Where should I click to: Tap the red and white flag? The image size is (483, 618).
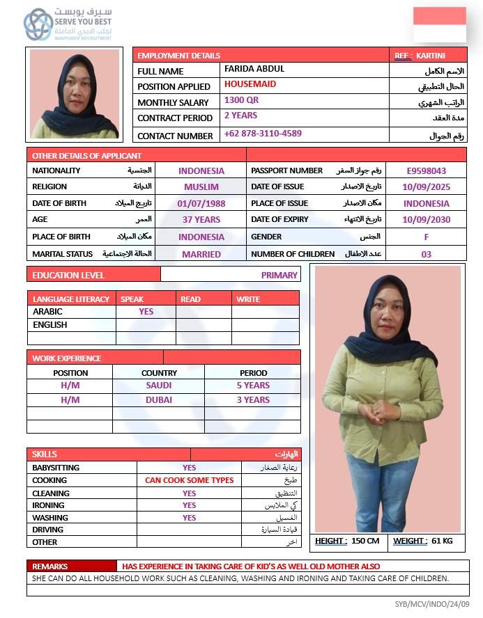pos(439,25)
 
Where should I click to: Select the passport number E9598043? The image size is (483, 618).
pos(427,171)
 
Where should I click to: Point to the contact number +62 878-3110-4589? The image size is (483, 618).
pos(263,134)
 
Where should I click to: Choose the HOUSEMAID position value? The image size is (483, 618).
pos(250,84)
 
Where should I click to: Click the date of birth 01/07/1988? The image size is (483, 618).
pos(201,203)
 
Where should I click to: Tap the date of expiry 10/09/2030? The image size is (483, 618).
pos(427,220)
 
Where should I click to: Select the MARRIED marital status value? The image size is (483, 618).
pos(201,255)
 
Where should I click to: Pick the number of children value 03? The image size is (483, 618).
pos(427,255)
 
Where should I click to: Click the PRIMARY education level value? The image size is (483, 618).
pos(279,275)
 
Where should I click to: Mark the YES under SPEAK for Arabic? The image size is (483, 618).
pos(146,312)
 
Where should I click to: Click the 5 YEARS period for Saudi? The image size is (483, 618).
pos(253,386)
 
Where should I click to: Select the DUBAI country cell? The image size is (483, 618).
pos(159,400)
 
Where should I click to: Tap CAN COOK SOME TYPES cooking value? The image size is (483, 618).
pos(190,480)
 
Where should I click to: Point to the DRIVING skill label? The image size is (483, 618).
pos(48,530)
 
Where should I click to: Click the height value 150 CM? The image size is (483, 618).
pos(365,541)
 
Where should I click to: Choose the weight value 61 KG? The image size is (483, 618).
pos(442,541)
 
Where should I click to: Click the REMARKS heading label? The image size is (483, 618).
pos(49,566)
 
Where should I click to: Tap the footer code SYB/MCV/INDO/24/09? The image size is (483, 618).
pos(432,604)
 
